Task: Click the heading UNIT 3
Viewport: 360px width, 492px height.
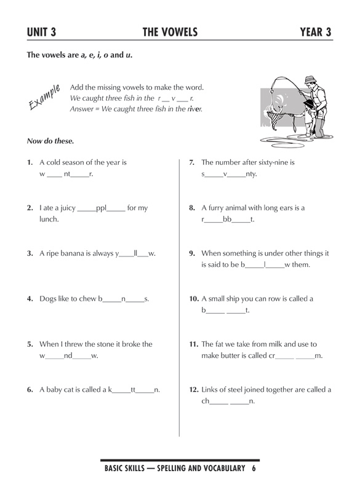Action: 46,31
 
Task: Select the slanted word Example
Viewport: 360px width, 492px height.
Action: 44,98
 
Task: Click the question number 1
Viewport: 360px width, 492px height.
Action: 30,163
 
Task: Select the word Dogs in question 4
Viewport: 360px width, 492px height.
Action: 49,299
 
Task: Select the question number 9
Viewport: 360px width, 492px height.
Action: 192,253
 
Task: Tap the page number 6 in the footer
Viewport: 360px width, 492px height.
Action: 253,469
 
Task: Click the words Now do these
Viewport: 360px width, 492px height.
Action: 50,141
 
